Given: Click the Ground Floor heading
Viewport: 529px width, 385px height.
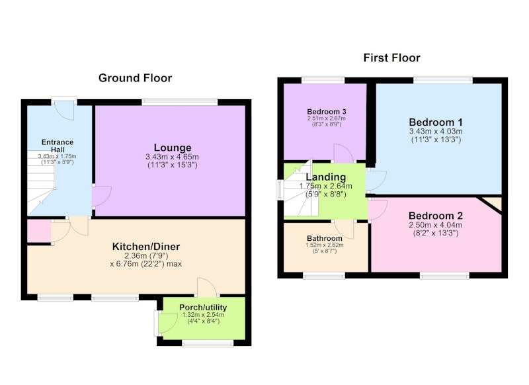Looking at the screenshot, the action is point(135,78).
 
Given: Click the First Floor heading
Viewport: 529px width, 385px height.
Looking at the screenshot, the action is point(391,58).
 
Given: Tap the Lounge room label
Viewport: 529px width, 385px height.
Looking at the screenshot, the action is point(173,148).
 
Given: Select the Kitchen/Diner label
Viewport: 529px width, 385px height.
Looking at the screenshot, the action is point(146,246).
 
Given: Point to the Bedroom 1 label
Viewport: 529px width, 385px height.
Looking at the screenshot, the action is point(436,122).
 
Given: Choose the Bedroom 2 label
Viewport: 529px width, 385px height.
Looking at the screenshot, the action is point(436,216).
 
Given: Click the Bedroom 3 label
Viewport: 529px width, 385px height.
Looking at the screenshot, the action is point(326,111).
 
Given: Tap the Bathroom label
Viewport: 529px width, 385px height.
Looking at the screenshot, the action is point(324,238).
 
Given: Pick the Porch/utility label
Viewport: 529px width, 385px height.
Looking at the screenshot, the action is point(203,308).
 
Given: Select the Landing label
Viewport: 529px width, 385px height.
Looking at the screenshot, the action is point(325,177).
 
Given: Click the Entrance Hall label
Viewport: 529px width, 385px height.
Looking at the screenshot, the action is point(58,146).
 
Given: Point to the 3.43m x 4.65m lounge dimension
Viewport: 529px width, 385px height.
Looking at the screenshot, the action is point(172,157).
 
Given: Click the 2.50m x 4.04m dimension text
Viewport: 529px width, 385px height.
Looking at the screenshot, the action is point(436,225).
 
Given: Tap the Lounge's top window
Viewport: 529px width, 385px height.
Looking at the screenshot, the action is point(180,101).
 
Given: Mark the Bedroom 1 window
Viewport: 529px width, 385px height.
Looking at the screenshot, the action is point(443,79).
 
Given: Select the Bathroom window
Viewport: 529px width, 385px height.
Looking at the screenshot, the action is point(324,276).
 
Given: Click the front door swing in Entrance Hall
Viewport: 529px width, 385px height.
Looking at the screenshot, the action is point(64,110).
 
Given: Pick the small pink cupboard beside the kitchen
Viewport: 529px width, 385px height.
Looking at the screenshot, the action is point(39,231).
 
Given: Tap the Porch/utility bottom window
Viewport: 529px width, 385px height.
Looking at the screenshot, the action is point(208,343).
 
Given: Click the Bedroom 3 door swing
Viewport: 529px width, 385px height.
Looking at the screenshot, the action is point(343,153).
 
